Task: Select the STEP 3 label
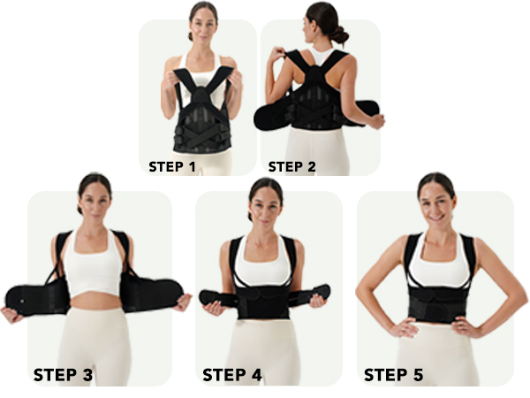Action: pos(63,374)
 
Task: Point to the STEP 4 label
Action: pos(232,374)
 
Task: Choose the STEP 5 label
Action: pos(393,374)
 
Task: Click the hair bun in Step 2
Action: pos(339,35)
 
